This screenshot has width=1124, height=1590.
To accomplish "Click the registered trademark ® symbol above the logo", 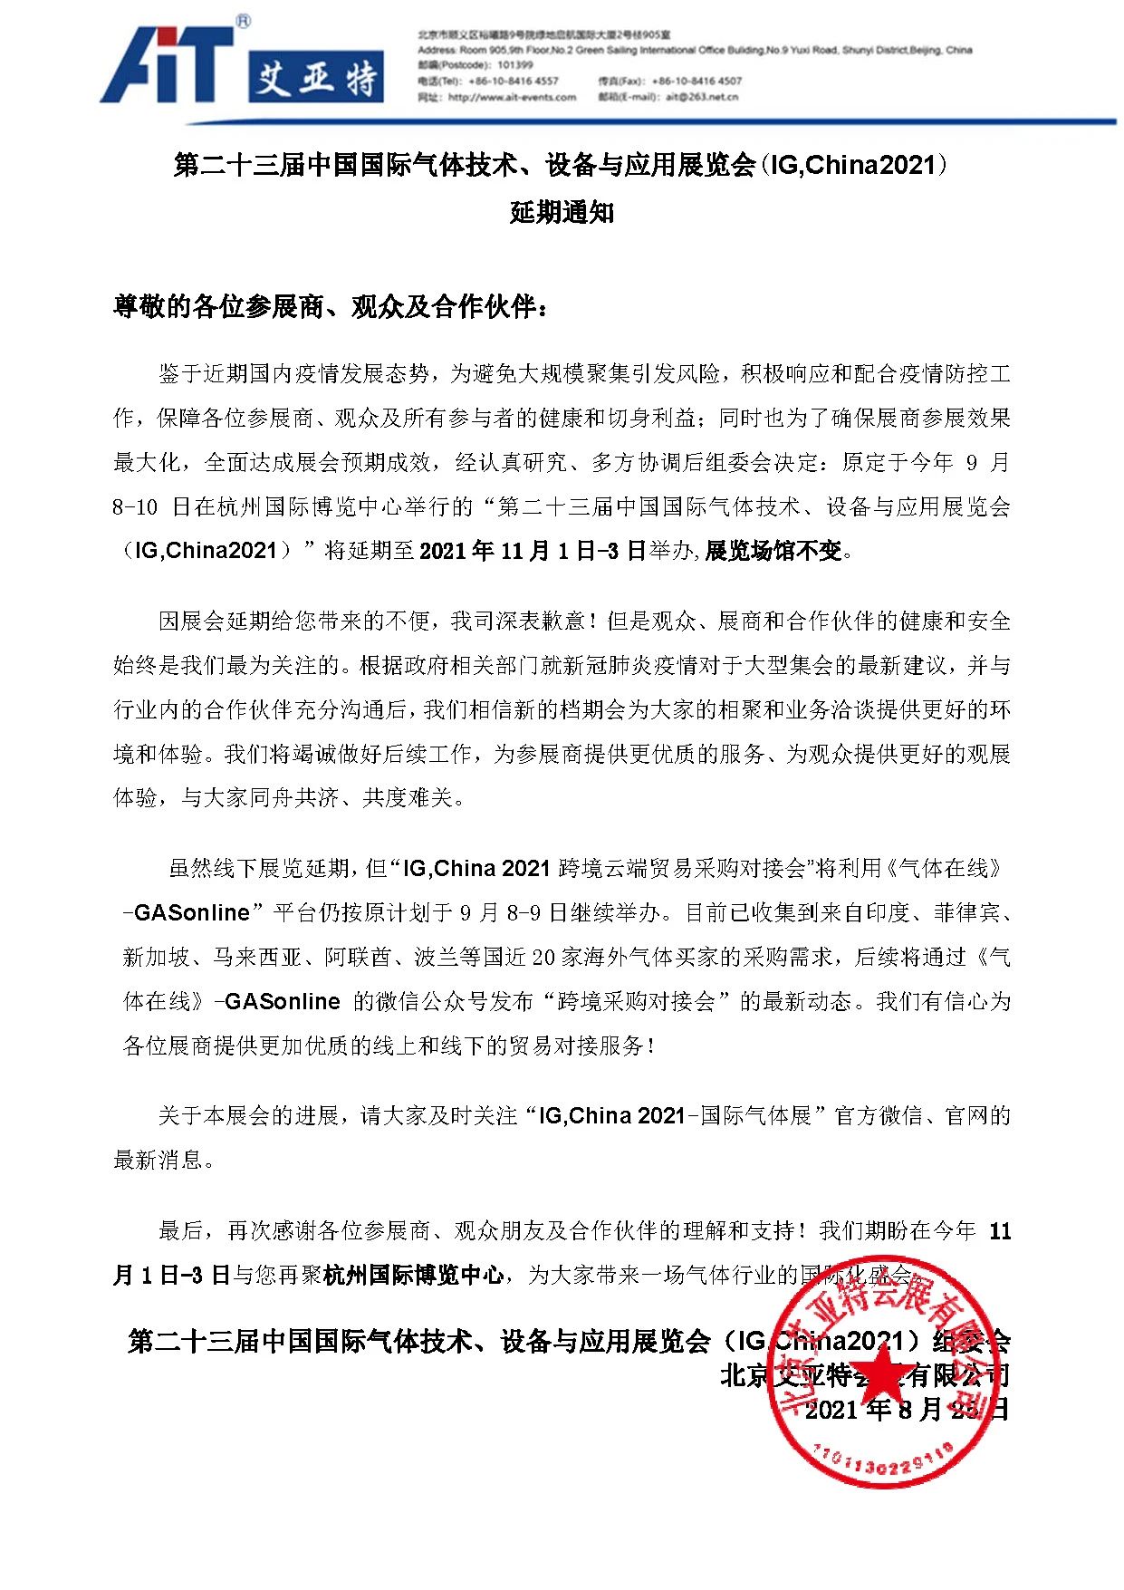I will coord(243,21).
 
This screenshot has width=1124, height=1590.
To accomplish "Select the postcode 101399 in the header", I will coord(515,65).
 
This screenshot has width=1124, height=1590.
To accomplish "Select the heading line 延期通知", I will coord(562,213).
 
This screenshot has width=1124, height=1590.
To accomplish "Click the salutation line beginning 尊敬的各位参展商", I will coord(331,307).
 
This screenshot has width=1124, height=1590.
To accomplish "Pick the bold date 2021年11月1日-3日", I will coord(533,551).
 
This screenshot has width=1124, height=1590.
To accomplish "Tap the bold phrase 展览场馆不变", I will coord(774,551).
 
